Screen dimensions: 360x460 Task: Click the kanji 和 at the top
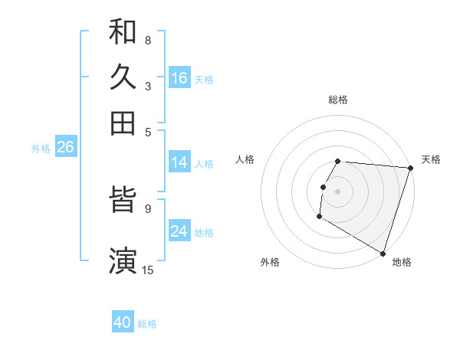pyautogui.click(x=123, y=32)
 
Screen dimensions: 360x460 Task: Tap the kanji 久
pyautogui.click(x=123, y=77)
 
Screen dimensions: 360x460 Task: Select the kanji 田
pyautogui.click(x=123, y=123)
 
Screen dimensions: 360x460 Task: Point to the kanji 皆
pyautogui.click(x=123, y=202)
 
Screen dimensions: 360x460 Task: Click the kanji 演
pyautogui.click(x=123, y=260)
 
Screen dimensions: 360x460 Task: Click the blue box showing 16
pyautogui.click(x=179, y=78)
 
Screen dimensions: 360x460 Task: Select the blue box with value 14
pyautogui.click(x=179, y=162)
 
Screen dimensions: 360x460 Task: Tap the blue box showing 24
pyautogui.click(x=179, y=231)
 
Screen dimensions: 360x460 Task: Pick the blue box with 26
pyautogui.click(x=65, y=148)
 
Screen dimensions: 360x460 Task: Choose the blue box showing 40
pyautogui.click(x=123, y=322)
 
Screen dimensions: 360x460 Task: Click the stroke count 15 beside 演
pyautogui.click(x=148, y=270)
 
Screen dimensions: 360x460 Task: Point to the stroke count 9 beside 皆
pyautogui.click(x=147, y=207)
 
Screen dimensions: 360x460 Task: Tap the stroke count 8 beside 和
pyautogui.click(x=147, y=40)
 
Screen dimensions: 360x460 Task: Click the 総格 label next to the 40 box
pyautogui.click(x=148, y=324)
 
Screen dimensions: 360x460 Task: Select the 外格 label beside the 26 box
pyautogui.click(x=41, y=149)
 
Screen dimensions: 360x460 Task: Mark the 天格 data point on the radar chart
pyautogui.click(x=410, y=168)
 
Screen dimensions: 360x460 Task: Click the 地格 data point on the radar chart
pyautogui.click(x=383, y=253)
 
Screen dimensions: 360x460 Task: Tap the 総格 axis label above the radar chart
pyautogui.click(x=338, y=100)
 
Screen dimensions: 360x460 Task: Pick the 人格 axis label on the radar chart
pyautogui.click(x=245, y=159)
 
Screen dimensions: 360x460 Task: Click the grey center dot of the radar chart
pyautogui.click(x=338, y=190)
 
